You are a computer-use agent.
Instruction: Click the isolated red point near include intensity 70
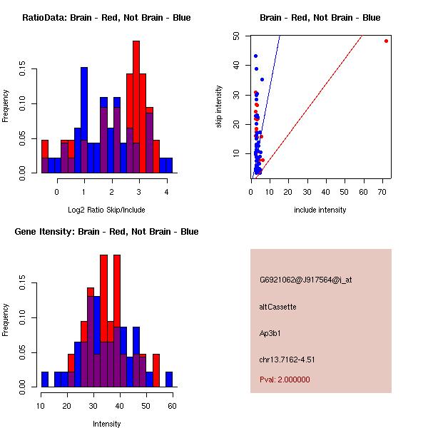386,41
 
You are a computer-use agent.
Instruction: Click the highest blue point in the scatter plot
256,56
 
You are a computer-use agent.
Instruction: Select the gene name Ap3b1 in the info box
270,333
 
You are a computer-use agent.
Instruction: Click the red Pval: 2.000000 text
285,379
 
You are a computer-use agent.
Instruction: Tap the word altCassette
278,307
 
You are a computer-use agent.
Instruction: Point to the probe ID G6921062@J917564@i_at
306,280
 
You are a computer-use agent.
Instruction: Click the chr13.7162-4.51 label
287,360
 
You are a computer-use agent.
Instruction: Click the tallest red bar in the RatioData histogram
136,107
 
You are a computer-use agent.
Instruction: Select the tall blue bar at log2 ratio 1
84,120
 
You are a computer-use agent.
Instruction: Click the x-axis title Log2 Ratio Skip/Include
106,210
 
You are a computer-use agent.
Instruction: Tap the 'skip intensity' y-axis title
219,106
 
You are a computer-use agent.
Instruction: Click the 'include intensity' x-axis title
320,210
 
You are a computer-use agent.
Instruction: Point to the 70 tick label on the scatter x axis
382,192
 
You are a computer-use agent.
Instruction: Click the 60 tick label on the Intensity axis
172,406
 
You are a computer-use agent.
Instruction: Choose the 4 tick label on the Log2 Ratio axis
166,192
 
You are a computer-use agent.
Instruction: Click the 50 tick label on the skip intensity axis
236,36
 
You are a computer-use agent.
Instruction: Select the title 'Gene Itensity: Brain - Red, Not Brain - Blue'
106,231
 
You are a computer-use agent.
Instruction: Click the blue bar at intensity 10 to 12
45,379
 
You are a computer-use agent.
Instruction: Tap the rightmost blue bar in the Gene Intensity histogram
169,379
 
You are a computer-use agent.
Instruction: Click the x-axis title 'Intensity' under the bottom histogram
106,424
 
